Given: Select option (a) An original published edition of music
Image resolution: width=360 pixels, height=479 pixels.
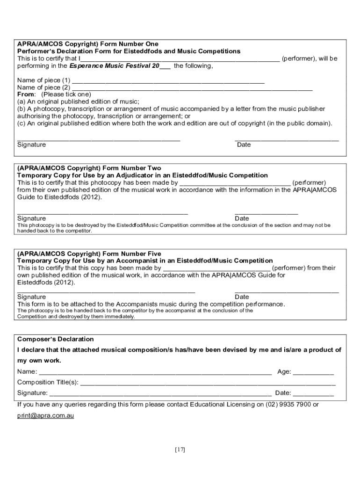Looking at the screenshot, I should point(78,101).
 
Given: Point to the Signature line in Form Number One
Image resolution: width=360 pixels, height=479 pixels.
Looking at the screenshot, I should point(99,139).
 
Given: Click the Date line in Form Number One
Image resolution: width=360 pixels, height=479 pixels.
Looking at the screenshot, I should point(286,139).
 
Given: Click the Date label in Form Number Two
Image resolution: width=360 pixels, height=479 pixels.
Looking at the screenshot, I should point(242,218).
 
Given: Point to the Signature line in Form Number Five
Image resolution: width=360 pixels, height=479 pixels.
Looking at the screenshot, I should point(106,291).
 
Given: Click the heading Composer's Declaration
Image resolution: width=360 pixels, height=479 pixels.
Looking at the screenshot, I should point(56,339).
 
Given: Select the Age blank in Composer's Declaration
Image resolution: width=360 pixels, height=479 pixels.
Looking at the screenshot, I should point(313,373).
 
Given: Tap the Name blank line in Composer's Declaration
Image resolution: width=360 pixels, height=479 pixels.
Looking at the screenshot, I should point(155,373).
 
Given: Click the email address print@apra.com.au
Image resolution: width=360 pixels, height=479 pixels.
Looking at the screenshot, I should point(46,415).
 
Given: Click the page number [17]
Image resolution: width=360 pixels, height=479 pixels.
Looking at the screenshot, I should point(180,450).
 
